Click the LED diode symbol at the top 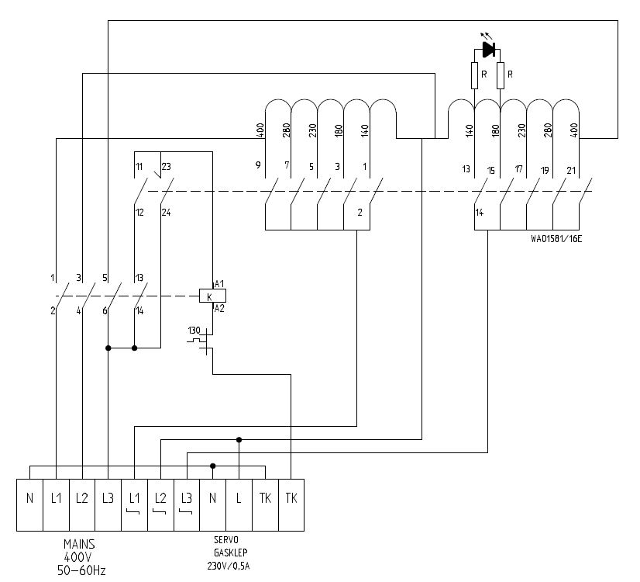(x=488, y=50)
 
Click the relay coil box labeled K (x=212, y=296)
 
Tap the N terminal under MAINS (x=29, y=497)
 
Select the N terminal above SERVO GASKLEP (x=212, y=497)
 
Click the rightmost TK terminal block (x=290, y=497)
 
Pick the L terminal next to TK (x=239, y=497)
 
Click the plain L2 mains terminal (x=81, y=497)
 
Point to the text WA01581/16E (x=556, y=239)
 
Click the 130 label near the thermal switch (x=194, y=331)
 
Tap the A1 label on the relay (x=219, y=284)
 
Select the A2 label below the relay (x=219, y=308)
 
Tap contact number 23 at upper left (x=166, y=166)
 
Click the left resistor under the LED (x=474, y=75)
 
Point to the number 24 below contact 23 (x=166, y=212)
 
